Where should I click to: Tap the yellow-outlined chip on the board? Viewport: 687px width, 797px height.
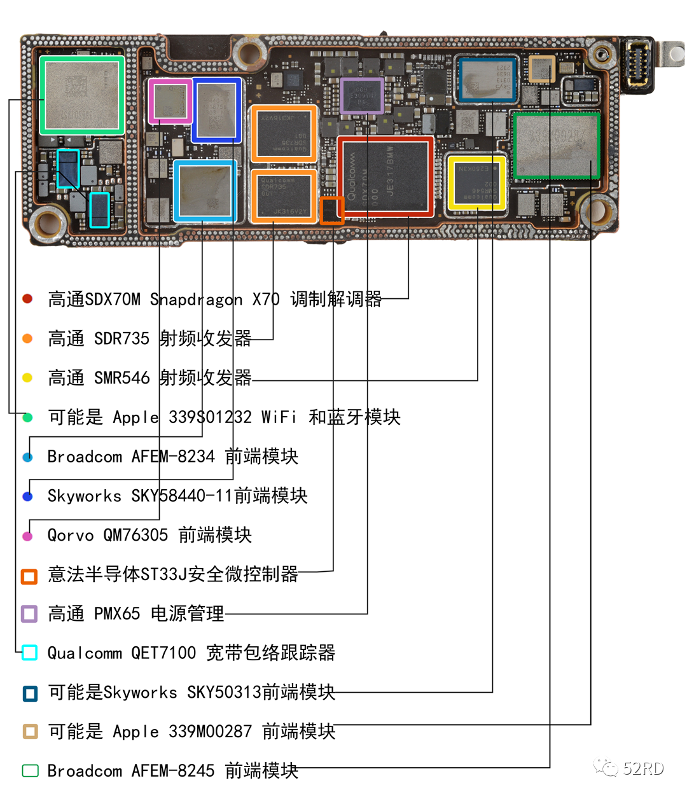476,183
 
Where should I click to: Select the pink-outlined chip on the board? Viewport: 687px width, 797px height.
170,101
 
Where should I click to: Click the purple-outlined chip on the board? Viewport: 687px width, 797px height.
362,96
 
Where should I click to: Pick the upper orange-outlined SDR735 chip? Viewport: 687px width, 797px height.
284,134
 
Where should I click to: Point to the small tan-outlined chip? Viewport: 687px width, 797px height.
542,69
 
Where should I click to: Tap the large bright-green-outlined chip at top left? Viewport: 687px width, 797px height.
82,95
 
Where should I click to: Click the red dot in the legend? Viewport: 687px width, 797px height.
27,299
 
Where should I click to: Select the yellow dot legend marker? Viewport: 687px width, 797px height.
27,378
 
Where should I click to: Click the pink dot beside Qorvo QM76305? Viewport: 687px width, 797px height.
27,536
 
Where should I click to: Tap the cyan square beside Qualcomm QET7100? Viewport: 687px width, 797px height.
29,653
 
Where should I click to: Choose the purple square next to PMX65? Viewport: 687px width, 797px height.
29,614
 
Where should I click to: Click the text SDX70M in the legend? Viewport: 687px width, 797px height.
113,299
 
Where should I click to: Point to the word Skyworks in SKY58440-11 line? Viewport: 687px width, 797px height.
84,496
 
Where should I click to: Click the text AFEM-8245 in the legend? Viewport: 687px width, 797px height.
172,771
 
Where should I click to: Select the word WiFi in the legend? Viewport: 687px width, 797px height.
279,417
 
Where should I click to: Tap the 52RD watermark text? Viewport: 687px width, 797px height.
643,768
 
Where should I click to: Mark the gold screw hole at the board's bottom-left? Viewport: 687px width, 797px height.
50,223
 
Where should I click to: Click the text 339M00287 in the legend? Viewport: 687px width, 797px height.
210,731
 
